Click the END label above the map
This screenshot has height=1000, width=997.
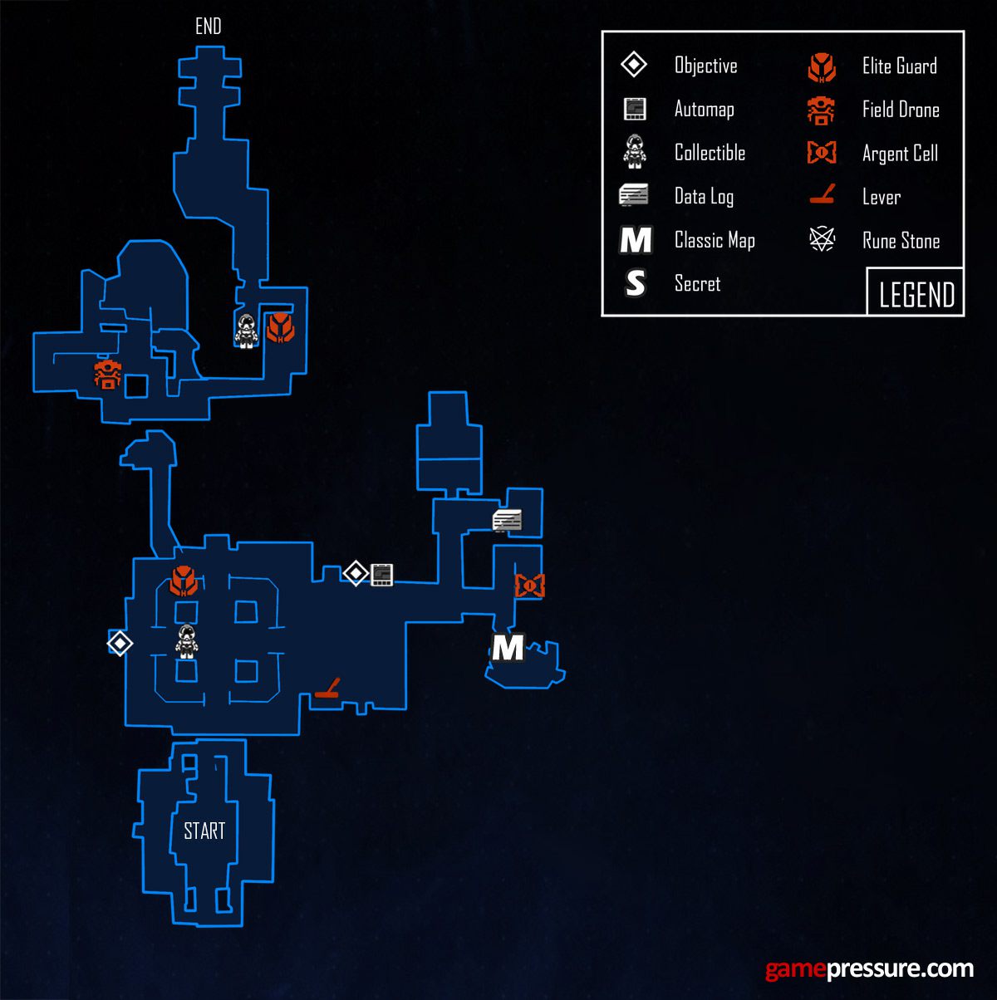(209, 27)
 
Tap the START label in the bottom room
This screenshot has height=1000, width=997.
(204, 831)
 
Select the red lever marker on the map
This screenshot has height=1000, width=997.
(327, 688)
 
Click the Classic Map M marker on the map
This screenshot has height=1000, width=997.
(508, 648)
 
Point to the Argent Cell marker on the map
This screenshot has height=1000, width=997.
(530, 586)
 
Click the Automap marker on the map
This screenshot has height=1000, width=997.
(381, 575)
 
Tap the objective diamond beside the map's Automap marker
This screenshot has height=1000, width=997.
(356, 573)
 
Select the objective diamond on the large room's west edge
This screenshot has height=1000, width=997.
(120, 644)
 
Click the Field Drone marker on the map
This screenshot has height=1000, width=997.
(107, 374)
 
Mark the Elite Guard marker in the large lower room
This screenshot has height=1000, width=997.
(184, 581)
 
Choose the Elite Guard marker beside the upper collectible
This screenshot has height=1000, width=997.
(281, 327)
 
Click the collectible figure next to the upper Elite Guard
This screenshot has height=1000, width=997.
(246, 331)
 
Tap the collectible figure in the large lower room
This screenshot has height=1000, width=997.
(186, 641)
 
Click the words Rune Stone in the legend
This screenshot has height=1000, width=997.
(901, 241)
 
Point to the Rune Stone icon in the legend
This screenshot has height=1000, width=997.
(823, 239)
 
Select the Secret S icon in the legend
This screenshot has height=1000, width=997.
(635, 283)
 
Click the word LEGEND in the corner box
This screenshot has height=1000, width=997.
(916, 295)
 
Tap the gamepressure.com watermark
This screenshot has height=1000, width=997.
(869, 968)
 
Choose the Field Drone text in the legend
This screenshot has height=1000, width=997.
(901, 110)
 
